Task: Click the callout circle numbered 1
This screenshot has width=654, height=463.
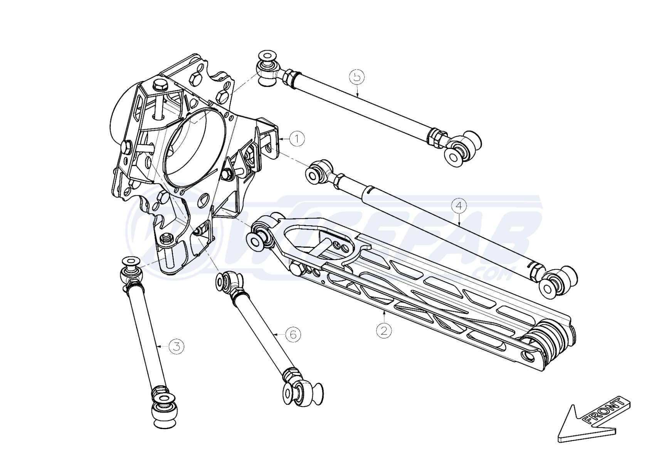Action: (x=297, y=139)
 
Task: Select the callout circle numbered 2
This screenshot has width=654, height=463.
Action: (x=384, y=330)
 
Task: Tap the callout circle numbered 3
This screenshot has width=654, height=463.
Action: (x=177, y=346)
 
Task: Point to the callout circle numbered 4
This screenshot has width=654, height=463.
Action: (x=459, y=206)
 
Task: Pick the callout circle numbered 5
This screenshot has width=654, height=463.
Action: (x=357, y=76)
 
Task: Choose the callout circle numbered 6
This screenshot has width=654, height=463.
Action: (x=293, y=334)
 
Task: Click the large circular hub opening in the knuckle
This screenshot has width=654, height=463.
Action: (x=194, y=147)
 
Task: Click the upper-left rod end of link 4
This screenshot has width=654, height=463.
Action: (x=318, y=172)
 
